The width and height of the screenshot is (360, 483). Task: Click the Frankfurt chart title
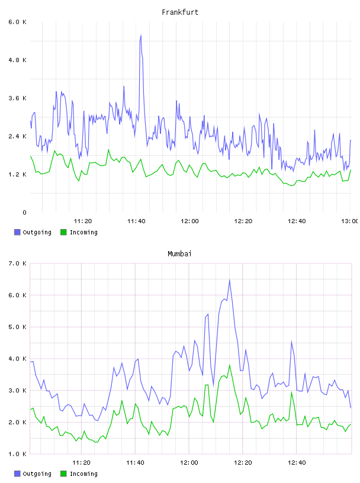(180, 12)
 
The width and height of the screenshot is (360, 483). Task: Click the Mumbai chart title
(179, 254)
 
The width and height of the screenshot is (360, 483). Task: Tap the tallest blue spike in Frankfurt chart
(141, 36)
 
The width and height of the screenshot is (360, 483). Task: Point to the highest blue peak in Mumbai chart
(229, 280)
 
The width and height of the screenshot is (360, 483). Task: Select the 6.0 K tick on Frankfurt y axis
(18, 22)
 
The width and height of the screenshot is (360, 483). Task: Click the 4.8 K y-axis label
(18, 60)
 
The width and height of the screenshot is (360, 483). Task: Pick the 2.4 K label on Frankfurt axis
(18, 137)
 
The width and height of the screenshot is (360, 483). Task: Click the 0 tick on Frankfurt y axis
(24, 212)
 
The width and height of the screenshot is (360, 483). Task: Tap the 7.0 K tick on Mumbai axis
(18, 263)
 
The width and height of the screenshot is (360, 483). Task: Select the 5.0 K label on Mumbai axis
(18, 327)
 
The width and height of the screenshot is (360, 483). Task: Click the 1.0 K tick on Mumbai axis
(18, 454)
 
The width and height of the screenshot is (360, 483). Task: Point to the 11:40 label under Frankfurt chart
(136, 221)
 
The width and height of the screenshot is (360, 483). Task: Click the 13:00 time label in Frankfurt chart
(350, 221)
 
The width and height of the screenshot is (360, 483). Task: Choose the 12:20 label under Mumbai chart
(243, 463)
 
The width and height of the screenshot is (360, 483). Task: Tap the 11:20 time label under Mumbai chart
(81, 463)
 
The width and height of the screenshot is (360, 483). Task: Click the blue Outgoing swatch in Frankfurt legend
(17, 232)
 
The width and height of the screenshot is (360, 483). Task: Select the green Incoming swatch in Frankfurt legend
(63, 232)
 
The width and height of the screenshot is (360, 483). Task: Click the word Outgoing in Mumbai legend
(37, 474)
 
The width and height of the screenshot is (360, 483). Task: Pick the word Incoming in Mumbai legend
(83, 474)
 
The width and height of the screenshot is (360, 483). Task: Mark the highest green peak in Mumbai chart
(229, 365)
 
